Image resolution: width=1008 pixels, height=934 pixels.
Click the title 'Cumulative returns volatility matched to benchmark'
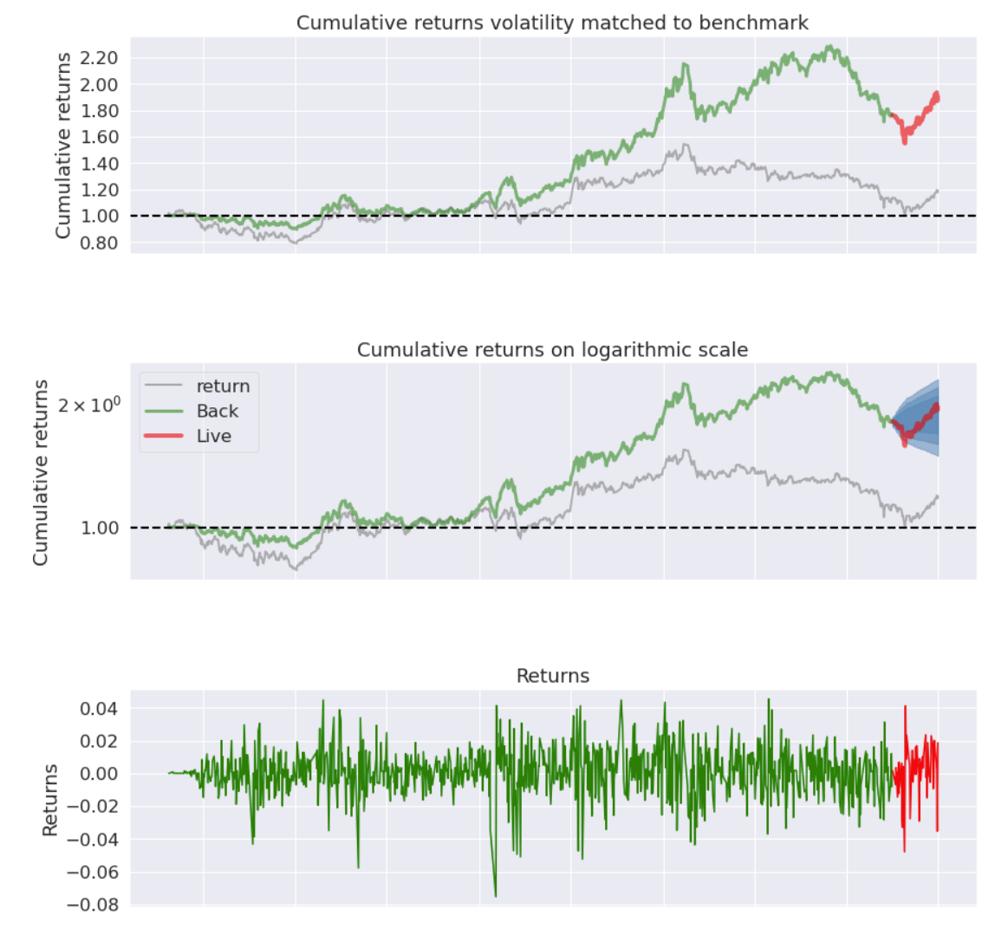[x=552, y=23]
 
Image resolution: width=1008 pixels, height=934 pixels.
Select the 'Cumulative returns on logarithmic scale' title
[x=552, y=350]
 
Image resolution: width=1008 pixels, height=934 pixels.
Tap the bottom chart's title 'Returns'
[x=552, y=676]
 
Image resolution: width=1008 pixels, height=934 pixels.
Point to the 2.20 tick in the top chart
[x=98, y=58]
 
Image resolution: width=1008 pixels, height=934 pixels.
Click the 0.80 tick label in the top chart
[x=98, y=243]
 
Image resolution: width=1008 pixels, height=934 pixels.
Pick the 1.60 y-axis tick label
[x=98, y=137]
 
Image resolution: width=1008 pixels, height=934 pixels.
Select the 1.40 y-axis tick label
[x=98, y=164]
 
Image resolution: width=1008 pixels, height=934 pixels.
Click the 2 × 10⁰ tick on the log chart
[x=88, y=405]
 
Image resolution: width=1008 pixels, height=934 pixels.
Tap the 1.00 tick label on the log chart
[x=100, y=528]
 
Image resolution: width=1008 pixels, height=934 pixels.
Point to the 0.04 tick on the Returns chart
[x=98, y=709]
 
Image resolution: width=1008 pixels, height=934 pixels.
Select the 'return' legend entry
[x=223, y=386]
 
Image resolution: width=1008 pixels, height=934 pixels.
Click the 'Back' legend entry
[x=217, y=412]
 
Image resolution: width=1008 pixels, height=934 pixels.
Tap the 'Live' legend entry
[x=213, y=437]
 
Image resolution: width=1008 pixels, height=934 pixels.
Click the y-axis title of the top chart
[x=62, y=145]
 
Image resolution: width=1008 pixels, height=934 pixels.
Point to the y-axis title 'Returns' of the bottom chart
[x=50, y=800]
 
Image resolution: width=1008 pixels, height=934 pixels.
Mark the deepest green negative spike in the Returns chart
[x=496, y=895]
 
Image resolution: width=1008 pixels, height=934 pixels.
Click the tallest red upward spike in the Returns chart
[x=905, y=707]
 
